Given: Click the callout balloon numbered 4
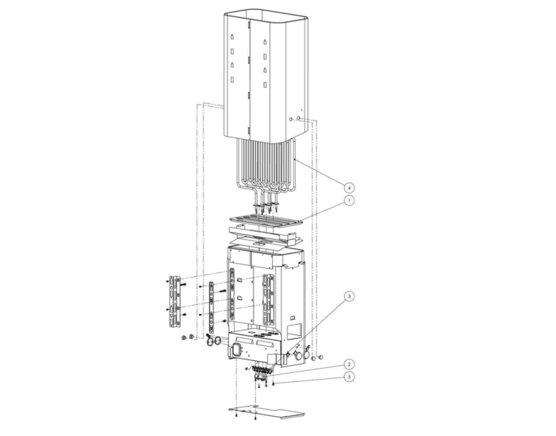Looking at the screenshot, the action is (349, 187).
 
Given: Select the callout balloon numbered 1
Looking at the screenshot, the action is (349, 201).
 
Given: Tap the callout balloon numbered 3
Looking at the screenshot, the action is (349, 296).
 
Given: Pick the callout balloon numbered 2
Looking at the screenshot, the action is (349, 365).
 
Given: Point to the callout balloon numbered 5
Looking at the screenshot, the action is (349, 377).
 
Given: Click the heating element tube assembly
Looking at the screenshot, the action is (266, 167).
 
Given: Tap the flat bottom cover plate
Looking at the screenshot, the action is (267, 412).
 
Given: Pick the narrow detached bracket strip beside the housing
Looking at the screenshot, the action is (212, 307).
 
